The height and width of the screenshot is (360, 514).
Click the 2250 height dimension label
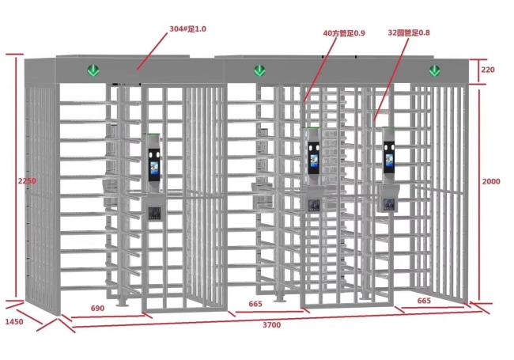point(27,180)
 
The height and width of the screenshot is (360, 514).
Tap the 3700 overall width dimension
point(272,324)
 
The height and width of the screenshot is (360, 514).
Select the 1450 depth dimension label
point(14,322)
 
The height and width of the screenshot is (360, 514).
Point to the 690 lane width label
point(97,309)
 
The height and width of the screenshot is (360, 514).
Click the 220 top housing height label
point(488,70)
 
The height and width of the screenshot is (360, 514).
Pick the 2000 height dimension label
point(491,181)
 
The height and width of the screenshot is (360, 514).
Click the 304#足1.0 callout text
point(187,28)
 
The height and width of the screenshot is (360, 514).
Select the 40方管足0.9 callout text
point(344,33)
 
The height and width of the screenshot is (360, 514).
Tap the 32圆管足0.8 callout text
point(409,32)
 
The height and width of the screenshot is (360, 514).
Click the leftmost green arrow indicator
point(93,70)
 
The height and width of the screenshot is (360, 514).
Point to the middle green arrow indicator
point(259,70)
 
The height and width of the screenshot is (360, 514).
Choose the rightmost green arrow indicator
point(435,70)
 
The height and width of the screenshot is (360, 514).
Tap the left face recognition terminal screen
point(154,165)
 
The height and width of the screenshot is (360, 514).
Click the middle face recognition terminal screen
point(314,158)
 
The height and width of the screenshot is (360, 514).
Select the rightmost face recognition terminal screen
point(389,157)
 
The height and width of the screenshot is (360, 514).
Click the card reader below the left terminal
point(154,214)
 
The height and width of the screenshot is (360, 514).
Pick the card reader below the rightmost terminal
point(389,204)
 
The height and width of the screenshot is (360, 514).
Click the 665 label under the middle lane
point(255,304)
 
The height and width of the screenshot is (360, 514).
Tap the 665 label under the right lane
point(424,301)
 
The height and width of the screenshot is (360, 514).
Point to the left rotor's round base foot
point(123,304)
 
